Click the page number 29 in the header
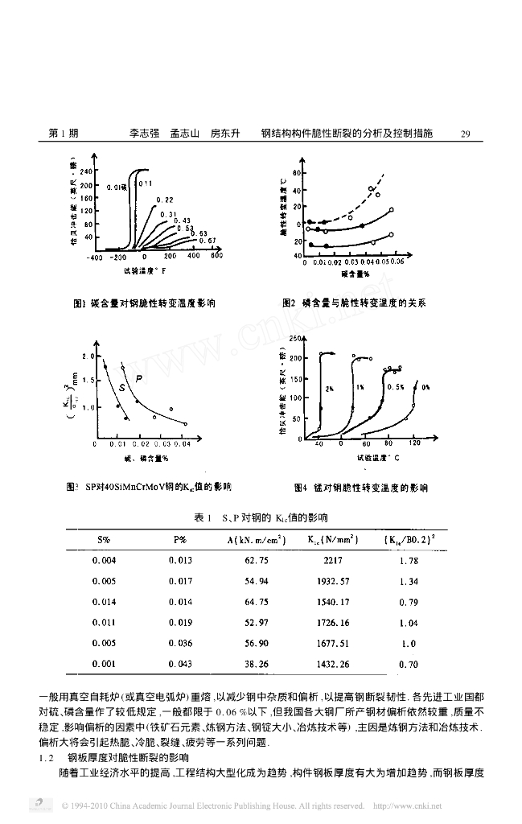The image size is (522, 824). coord(465,134)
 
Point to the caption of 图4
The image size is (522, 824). coord(361,487)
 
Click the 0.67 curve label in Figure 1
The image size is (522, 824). coord(207,241)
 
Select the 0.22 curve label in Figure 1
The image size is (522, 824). coord(165,199)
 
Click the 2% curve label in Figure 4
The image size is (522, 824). coord(330,388)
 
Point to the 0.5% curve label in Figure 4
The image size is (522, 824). coord(395,386)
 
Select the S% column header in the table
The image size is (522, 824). coord(104,539)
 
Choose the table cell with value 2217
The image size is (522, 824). coord(331,560)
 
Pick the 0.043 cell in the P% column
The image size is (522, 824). coord(180,665)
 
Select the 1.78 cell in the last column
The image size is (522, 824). coord(409,560)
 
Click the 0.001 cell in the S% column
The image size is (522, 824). coord(104,665)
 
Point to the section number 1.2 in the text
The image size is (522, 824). coord(46,758)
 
